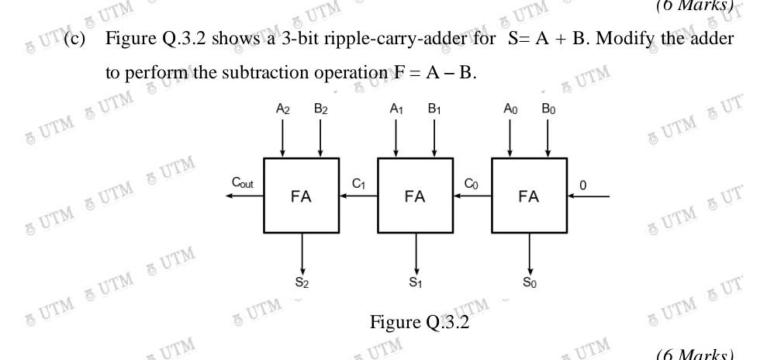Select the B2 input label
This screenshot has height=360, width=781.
click(320, 110)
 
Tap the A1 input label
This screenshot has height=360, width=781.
click(396, 110)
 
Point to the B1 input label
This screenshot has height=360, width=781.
click(434, 110)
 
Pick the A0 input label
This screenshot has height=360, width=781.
click(510, 110)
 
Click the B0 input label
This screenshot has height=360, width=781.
click(548, 110)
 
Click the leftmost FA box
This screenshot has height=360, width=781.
click(301, 196)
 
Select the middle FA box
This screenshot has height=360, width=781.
click(415, 196)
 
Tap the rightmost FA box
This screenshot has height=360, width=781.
click(529, 196)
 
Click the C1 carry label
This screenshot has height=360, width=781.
click(358, 183)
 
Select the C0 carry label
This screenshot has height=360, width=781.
click(472, 183)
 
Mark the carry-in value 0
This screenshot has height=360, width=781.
click(584, 185)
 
